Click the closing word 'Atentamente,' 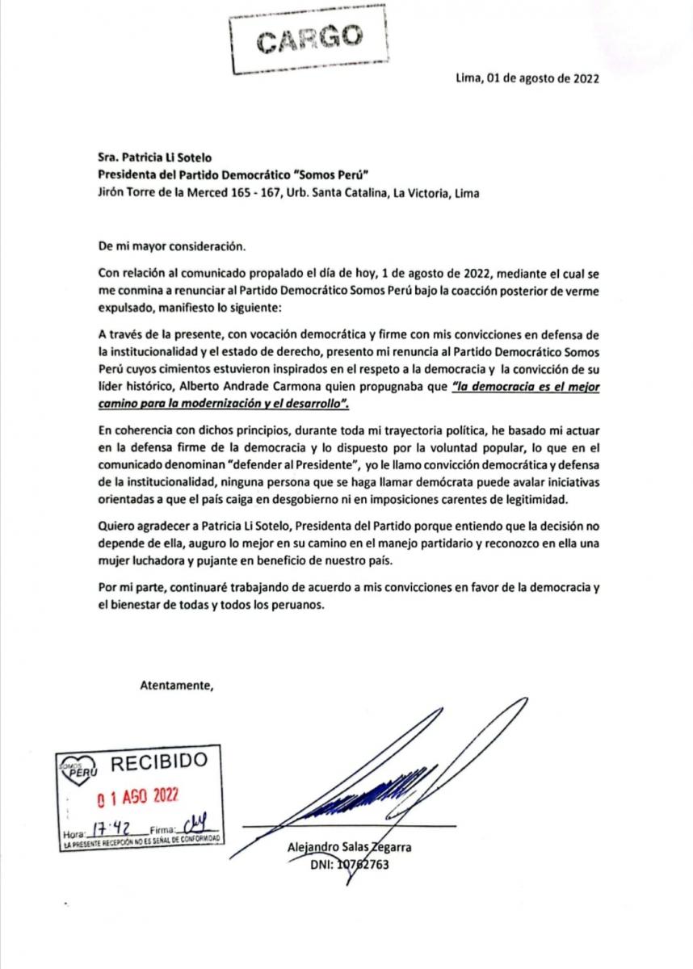click(177, 686)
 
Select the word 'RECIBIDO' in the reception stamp click(158, 761)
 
